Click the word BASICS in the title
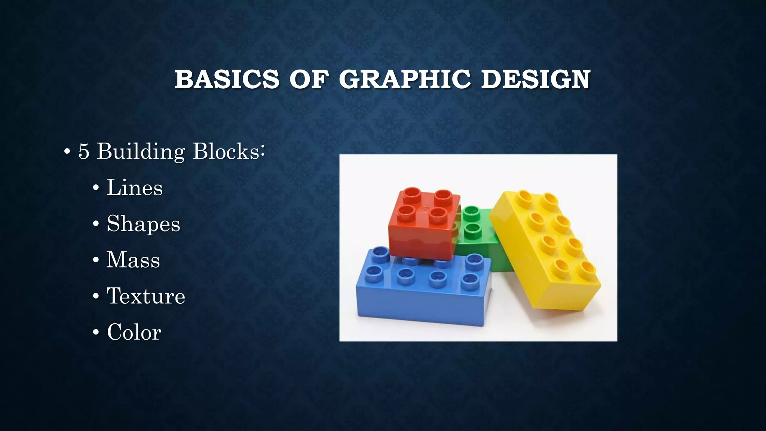[x=227, y=79]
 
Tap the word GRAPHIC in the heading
[x=405, y=79]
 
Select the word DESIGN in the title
[x=535, y=79]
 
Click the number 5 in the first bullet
[x=84, y=152]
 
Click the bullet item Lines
[x=135, y=187]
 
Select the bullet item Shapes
[x=143, y=224]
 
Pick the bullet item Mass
[x=133, y=260]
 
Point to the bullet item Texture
[x=146, y=296]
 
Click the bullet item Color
[x=134, y=332]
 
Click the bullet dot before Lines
[x=96, y=188]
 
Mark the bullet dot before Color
[x=96, y=333]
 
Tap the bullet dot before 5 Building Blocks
[x=67, y=153]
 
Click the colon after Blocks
[x=263, y=152]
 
